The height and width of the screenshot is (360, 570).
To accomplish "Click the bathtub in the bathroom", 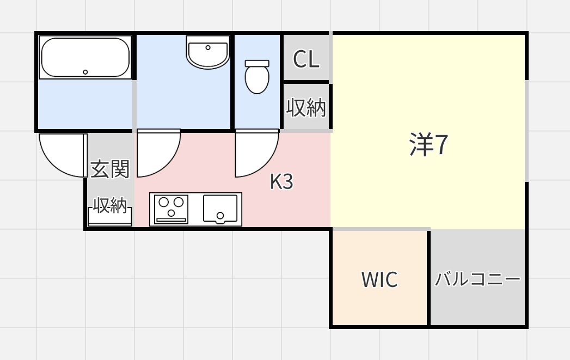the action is pos(85,57).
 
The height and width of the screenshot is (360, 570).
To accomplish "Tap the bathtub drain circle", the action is pos(85,72).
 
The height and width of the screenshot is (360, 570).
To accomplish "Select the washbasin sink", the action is pos(207,52).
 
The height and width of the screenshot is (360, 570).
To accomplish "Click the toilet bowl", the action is pos(257,80).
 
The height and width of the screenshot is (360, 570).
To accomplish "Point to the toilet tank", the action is pos(257,63).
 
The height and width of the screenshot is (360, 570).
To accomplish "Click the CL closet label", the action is pos(306,59).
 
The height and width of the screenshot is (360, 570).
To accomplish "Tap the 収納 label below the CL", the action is pos(306,108).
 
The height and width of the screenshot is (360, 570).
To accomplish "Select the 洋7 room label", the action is pos(428,145).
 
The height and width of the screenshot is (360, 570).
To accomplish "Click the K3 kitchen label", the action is pos(281,182).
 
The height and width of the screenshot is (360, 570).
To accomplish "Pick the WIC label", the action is pos(379,280).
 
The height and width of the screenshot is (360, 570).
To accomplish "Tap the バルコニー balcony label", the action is pos(477,280).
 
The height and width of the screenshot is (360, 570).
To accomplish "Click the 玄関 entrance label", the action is pos(110,169).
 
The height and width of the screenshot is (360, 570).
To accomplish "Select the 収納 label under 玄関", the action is pos(110,205).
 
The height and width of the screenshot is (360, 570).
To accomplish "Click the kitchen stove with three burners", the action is pos(171,209).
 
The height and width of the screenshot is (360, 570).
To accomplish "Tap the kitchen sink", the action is pos(220,209).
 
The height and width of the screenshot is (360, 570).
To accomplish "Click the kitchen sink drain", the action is pos(220,216).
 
